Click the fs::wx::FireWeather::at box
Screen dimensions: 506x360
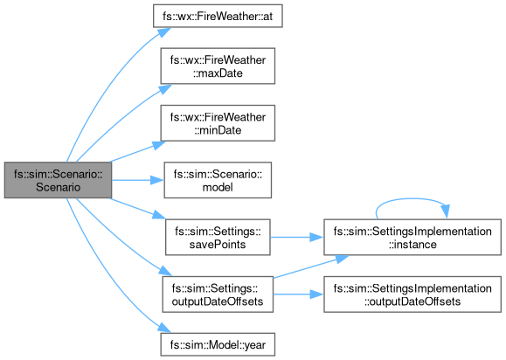218,16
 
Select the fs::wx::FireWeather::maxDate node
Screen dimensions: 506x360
218,66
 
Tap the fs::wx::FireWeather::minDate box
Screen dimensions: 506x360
218,123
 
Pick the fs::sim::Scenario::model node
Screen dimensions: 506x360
218,180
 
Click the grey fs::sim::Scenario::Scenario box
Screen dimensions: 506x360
58,180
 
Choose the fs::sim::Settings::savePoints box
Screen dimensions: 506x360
218,237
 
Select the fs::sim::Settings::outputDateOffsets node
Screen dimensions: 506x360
218,294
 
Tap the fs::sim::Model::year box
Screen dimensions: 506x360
218,344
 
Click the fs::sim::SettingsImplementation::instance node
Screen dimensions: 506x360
412,237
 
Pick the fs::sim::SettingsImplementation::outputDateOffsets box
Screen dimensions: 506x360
412,294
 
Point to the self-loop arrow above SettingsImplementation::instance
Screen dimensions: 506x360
412,198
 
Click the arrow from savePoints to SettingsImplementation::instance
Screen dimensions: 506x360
297,238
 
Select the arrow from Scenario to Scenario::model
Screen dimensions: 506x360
138,180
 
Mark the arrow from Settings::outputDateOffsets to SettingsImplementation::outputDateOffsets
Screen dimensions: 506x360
299,294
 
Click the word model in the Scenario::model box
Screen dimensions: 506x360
218,187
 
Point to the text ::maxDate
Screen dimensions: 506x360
218,73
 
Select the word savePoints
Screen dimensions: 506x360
218,244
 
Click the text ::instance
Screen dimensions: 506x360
412,244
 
